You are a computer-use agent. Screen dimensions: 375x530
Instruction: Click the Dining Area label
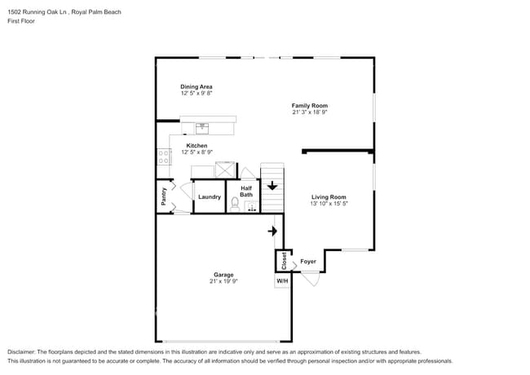tap(197, 86)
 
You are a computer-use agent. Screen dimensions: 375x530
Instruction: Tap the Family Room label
tap(310, 105)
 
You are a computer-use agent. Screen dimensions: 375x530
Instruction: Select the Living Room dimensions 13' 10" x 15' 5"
tap(329, 204)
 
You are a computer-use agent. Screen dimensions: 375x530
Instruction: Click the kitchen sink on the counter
tap(202, 127)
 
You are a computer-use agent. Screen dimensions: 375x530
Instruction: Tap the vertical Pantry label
tap(164, 196)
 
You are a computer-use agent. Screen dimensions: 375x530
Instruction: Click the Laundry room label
tap(210, 196)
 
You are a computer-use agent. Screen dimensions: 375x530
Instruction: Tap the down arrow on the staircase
tap(272, 186)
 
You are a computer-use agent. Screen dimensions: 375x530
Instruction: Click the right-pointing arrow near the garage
tap(272, 231)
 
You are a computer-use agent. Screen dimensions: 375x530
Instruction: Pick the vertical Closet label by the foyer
tap(283, 261)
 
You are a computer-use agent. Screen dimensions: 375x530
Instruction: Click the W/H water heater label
tap(282, 280)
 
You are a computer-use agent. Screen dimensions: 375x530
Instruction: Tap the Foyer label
tap(308, 262)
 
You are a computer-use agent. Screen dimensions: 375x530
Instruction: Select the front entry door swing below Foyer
tap(309, 278)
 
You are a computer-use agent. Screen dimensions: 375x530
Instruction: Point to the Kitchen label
tap(197, 146)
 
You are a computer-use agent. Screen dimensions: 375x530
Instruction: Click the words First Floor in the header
tap(21, 21)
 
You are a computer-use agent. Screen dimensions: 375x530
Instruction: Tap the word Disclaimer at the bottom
tap(24, 351)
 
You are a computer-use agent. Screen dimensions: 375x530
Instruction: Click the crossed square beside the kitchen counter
tap(223, 169)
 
